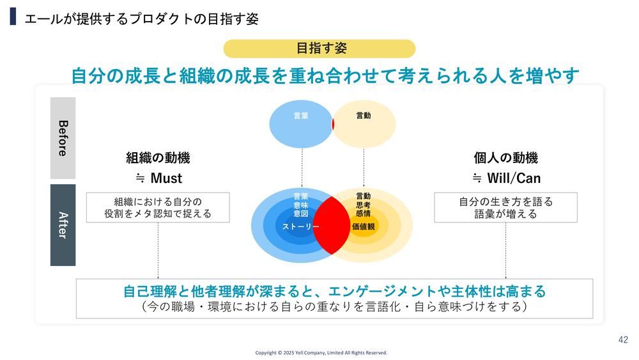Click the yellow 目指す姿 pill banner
pyautogui.click(x=319, y=49)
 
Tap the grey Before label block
pyautogui.click(x=63, y=138)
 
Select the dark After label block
pyautogui.click(x=63, y=224)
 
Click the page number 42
pyautogui.click(x=623, y=340)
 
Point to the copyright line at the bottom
pyautogui.click(x=321, y=353)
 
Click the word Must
pyautogui.click(x=166, y=178)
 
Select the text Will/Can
pyautogui.click(x=514, y=178)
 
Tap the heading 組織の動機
pyautogui.click(x=158, y=158)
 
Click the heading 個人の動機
pyautogui.click(x=505, y=158)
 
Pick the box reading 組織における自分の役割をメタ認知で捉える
pyautogui.click(x=158, y=208)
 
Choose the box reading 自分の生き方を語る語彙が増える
pyautogui.click(x=505, y=208)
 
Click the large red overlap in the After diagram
pyautogui.click(x=332, y=225)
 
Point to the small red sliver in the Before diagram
pyautogui.click(x=333, y=124)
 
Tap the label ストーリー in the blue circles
pyautogui.click(x=301, y=227)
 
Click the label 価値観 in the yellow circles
pyautogui.click(x=363, y=226)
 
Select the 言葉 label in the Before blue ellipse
pyautogui.click(x=301, y=116)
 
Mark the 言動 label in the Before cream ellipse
pyautogui.click(x=364, y=116)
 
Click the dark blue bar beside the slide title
pyautogui.click(x=13, y=17)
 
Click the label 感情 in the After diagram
pyautogui.click(x=363, y=214)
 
